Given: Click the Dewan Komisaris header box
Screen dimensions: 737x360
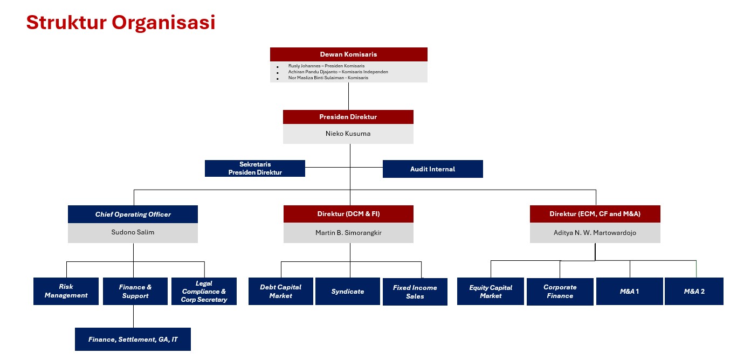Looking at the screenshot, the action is [x=348, y=54].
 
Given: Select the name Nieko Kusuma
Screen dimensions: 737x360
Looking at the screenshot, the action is [x=348, y=134].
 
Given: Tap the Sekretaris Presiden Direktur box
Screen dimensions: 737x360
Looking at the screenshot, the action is [x=255, y=168].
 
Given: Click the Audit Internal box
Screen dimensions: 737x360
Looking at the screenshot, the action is [x=433, y=169].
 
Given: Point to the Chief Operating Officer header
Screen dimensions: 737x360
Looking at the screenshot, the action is [x=133, y=214].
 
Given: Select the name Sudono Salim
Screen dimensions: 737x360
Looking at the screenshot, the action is [x=133, y=232].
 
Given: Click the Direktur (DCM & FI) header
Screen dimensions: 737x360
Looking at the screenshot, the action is [x=348, y=214].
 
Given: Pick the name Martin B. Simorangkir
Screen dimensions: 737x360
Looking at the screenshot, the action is [x=348, y=233].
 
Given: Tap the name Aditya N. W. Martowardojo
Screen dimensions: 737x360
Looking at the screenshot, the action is [x=595, y=233].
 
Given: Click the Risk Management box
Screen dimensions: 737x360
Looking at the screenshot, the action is [x=66, y=292].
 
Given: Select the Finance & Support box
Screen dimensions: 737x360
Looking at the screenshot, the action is [x=135, y=292].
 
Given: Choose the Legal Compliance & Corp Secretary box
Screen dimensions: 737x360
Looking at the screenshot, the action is [x=204, y=292].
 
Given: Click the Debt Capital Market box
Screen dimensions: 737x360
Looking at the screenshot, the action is [x=281, y=292].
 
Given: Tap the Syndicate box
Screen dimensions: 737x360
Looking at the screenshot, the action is [x=347, y=292].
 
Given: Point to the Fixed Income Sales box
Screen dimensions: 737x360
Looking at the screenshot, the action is [x=415, y=292].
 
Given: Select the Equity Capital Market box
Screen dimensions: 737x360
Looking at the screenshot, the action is [x=491, y=292].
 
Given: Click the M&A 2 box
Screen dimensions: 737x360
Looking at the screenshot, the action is [x=694, y=292].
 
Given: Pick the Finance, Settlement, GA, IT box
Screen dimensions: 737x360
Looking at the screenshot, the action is [x=133, y=340].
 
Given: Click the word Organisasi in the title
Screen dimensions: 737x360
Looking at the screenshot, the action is [x=163, y=23].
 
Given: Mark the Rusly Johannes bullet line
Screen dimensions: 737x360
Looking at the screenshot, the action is [x=326, y=66].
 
